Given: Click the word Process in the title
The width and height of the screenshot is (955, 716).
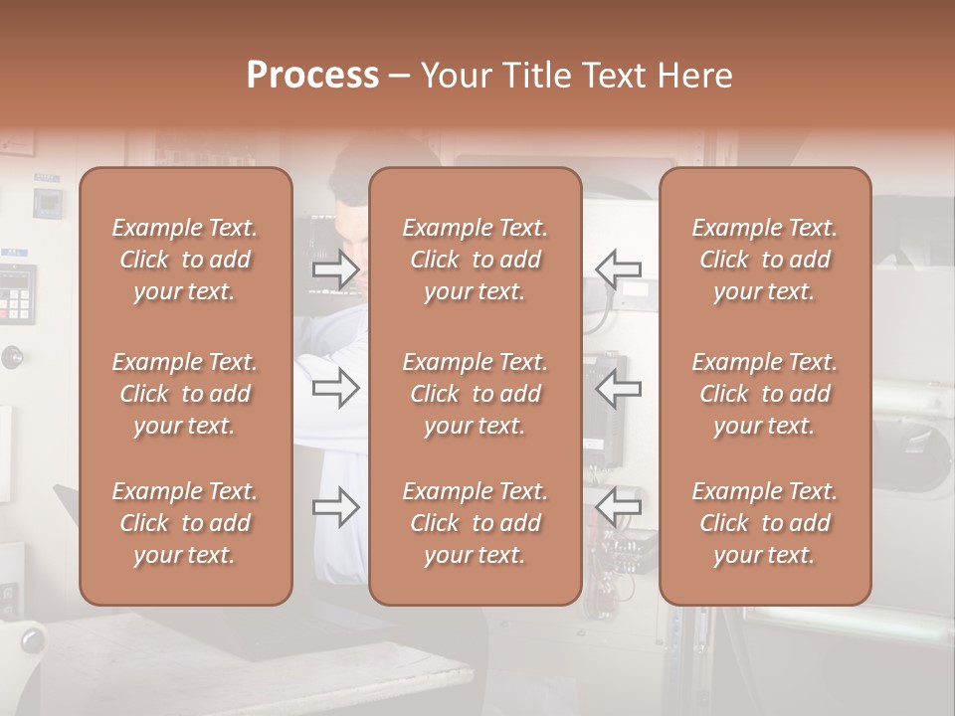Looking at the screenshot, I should (x=312, y=76).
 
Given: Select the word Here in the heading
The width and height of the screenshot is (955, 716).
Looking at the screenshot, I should (x=693, y=76).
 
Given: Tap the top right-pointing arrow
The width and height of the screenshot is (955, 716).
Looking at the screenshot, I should (x=336, y=269).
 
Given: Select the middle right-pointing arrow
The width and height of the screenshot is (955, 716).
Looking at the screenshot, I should (x=336, y=388).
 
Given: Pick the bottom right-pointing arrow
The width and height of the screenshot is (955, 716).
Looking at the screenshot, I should (x=336, y=507).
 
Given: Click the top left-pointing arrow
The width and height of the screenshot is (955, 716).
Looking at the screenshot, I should (x=618, y=268).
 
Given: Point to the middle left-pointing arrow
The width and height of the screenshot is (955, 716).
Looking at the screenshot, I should (x=618, y=388).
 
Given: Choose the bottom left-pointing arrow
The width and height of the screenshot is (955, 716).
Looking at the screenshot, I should (x=618, y=507).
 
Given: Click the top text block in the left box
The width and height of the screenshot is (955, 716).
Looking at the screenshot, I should (x=185, y=260).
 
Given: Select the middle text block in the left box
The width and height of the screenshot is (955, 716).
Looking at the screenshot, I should (x=185, y=394).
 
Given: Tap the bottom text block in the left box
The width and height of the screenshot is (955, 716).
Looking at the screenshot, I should (x=185, y=523).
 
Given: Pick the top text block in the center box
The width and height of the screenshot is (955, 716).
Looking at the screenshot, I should (x=476, y=260).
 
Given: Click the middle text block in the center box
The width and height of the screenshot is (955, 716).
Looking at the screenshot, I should (x=476, y=394).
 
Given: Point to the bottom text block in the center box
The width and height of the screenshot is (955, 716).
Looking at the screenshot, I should (x=476, y=523).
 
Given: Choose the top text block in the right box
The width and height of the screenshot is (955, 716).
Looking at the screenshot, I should (x=765, y=260).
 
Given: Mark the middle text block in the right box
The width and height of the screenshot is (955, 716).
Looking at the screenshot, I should (x=765, y=394).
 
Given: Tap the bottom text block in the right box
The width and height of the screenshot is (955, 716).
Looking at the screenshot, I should (x=765, y=523).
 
